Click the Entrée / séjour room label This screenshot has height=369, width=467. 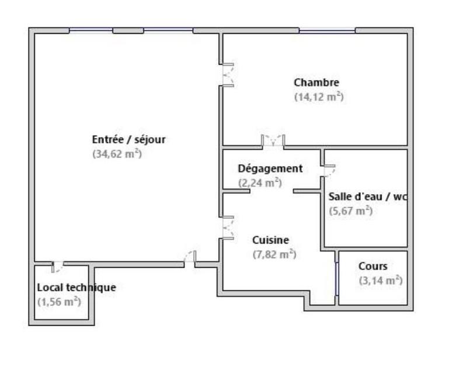pos(129,139)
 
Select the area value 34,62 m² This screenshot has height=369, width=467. pos(117,154)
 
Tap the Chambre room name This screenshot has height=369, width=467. pos(316,82)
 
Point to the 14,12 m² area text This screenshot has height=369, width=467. pos(318,97)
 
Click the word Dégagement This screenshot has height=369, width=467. pos(270,169)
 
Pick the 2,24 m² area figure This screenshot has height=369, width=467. pos(260,183)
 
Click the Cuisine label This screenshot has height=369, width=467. pos(270,240)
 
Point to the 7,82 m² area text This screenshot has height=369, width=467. pos(274,254)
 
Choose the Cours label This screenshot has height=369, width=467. pos(372,267)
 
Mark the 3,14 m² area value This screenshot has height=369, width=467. pos(381,281)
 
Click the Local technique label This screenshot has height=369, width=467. pos(76,288)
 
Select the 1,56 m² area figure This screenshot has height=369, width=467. pos(58,302)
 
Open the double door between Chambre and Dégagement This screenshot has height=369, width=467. pos(273,141)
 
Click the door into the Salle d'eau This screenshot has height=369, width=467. pos(329,170)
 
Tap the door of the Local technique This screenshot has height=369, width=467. pos(57,267)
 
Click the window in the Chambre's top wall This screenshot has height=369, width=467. pos(327,30)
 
